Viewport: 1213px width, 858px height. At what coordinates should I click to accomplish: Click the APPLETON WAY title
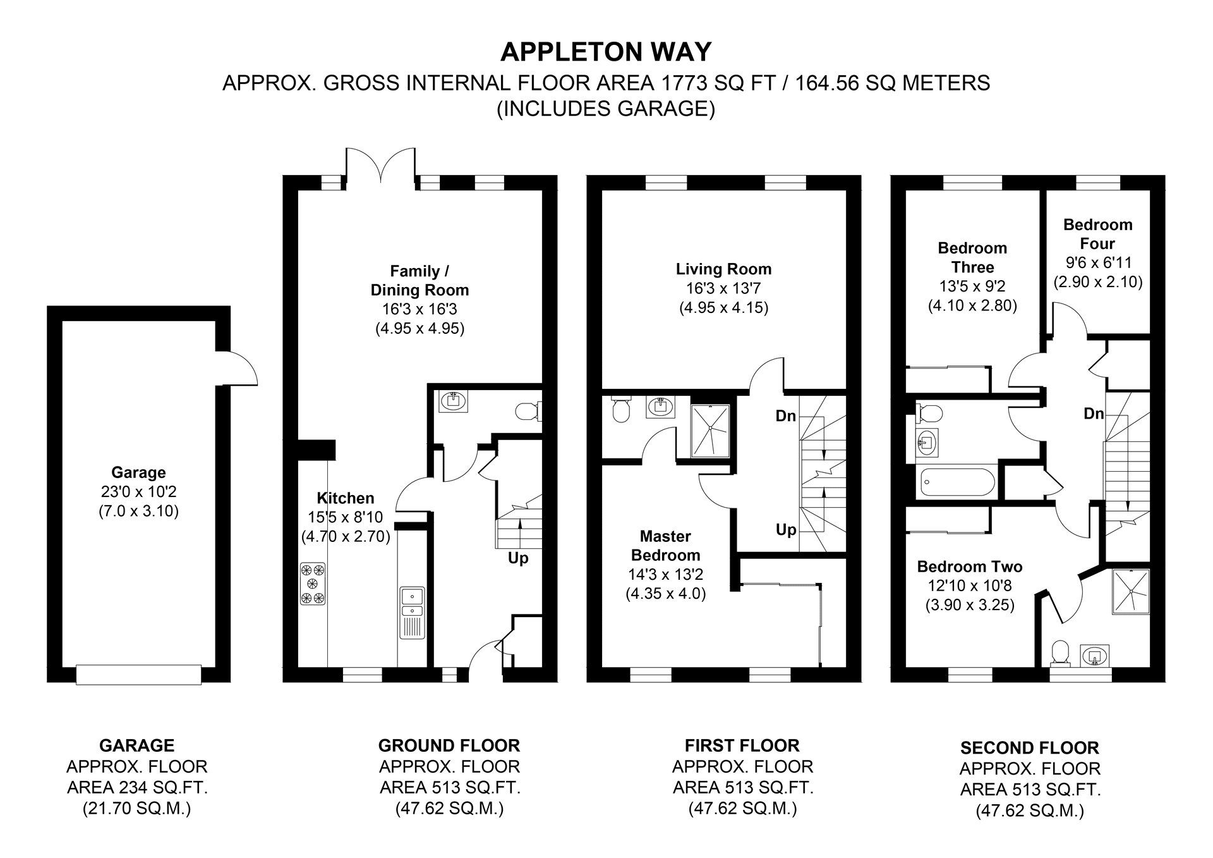tap(606, 52)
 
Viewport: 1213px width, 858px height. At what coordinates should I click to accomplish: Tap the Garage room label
tap(138, 472)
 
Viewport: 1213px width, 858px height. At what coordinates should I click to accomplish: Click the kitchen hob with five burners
tap(313, 584)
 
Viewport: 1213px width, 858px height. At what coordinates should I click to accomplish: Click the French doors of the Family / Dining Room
tap(380, 166)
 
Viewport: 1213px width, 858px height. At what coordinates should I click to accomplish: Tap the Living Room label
tap(723, 269)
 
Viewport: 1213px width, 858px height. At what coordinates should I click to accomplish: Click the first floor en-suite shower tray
tap(711, 430)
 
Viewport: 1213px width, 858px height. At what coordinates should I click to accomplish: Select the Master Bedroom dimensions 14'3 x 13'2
tap(665, 575)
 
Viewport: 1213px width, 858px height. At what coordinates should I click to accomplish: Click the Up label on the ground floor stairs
tap(518, 558)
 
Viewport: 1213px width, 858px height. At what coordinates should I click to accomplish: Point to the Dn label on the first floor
tap(786, 416)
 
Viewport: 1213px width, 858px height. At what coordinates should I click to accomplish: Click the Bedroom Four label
tap(1097, 234)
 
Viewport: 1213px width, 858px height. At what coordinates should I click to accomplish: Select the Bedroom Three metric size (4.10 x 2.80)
tap(972, 305)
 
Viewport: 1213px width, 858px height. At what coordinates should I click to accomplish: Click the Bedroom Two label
tap(969, 567)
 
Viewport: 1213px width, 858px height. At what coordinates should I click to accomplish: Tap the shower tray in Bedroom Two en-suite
tap(1130, 592)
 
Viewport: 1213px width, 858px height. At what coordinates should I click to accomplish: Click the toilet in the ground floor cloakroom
tap(527, 412)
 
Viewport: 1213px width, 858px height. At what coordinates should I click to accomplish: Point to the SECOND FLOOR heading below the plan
tap(1029, 748)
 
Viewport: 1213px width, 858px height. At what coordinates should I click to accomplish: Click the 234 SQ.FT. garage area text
tap(137, 788)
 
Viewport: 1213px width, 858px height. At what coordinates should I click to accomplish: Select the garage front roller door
tap(138, 674)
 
